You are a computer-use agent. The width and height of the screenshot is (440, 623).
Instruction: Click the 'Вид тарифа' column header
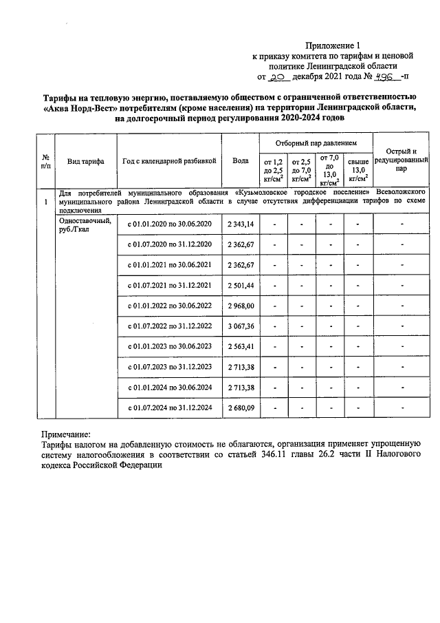[x=86, y=160]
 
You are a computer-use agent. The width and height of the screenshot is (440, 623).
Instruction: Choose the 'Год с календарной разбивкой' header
[x=170, y=160]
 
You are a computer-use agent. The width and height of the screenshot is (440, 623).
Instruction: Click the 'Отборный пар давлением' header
[x=315, y=142]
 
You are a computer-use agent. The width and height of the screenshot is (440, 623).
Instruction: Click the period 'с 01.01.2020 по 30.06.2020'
[x=170, y=224]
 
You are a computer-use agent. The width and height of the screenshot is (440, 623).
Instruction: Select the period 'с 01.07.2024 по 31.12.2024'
[x=170, y=408]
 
